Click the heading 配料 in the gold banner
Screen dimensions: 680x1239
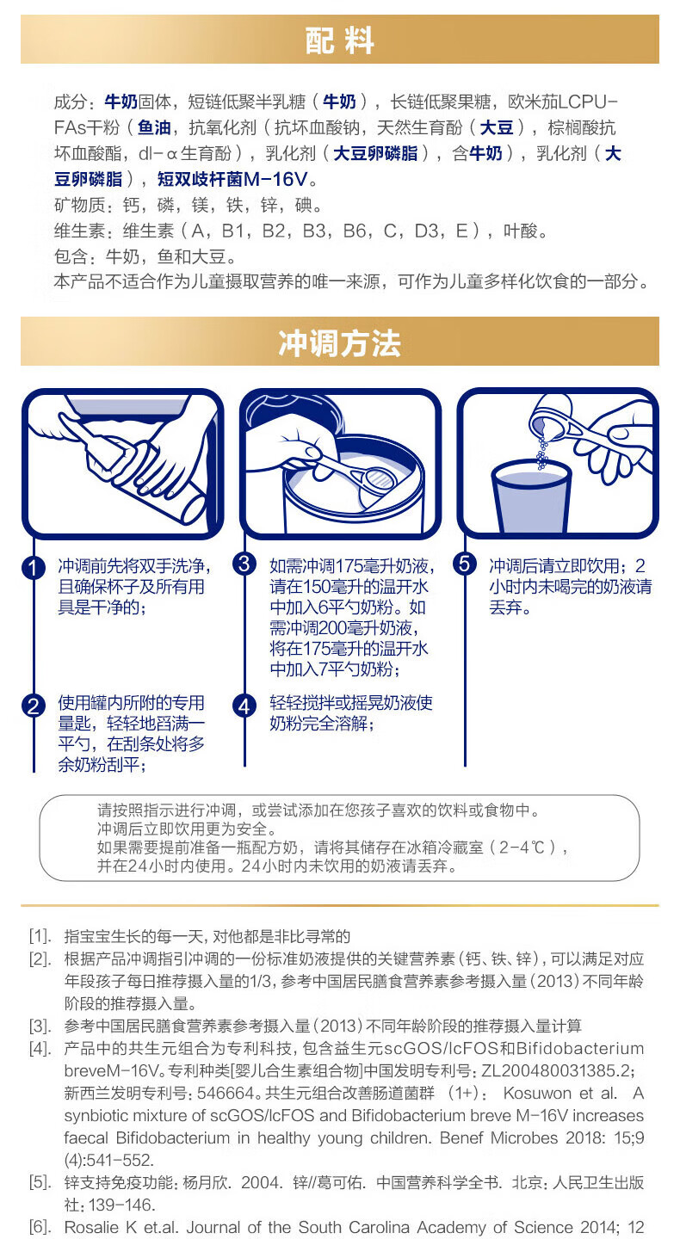point(340,40)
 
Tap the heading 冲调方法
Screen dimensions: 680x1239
point(340,343)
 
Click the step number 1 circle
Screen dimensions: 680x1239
point(34,568)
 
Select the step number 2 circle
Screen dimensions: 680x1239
point(34,706)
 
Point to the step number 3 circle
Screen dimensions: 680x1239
point(244,564)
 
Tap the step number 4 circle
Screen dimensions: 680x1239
point(244,706)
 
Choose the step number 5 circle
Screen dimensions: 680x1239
point(464,564)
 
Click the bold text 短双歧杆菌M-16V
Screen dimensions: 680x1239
point(232,179)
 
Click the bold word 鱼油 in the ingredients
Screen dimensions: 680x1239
point(154,127)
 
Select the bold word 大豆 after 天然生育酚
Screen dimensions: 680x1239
point(497,127)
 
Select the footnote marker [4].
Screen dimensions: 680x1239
point(40,1049)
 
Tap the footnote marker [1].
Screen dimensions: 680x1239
point(40,936)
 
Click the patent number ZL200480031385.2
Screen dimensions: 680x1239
point(555,1071)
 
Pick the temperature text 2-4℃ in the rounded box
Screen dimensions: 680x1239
point(522,848)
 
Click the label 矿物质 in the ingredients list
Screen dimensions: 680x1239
point(79,205)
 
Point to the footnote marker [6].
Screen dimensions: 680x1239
point(40,1227)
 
